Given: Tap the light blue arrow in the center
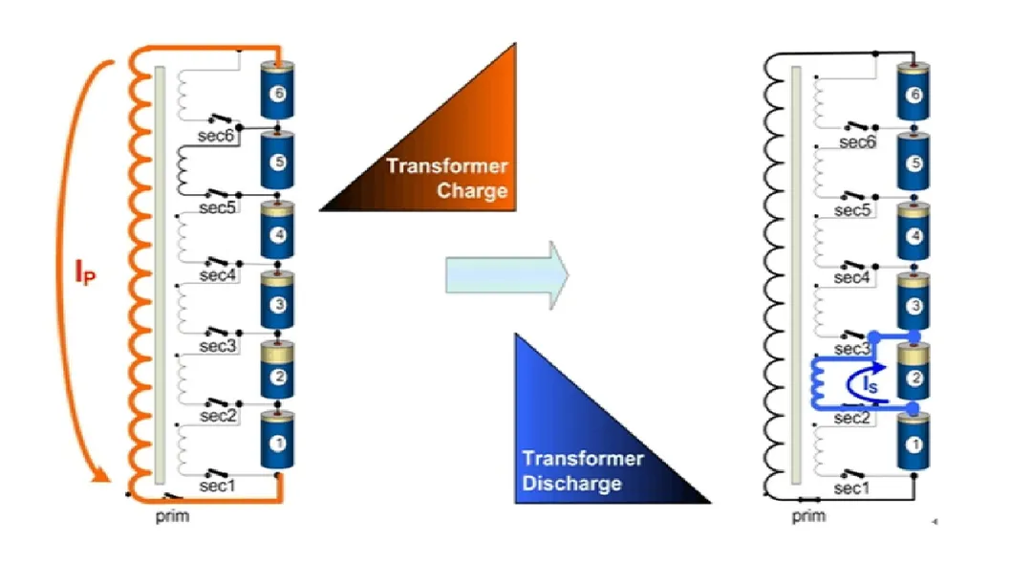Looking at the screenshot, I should [507, 275].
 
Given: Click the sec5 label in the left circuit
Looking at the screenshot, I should [217, 207].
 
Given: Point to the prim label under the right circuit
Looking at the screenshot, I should [808, 516].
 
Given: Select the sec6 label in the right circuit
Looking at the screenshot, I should [856, 141].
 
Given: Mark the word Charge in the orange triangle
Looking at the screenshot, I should [472, 189].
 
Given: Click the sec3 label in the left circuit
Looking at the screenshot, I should [217, 345].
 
